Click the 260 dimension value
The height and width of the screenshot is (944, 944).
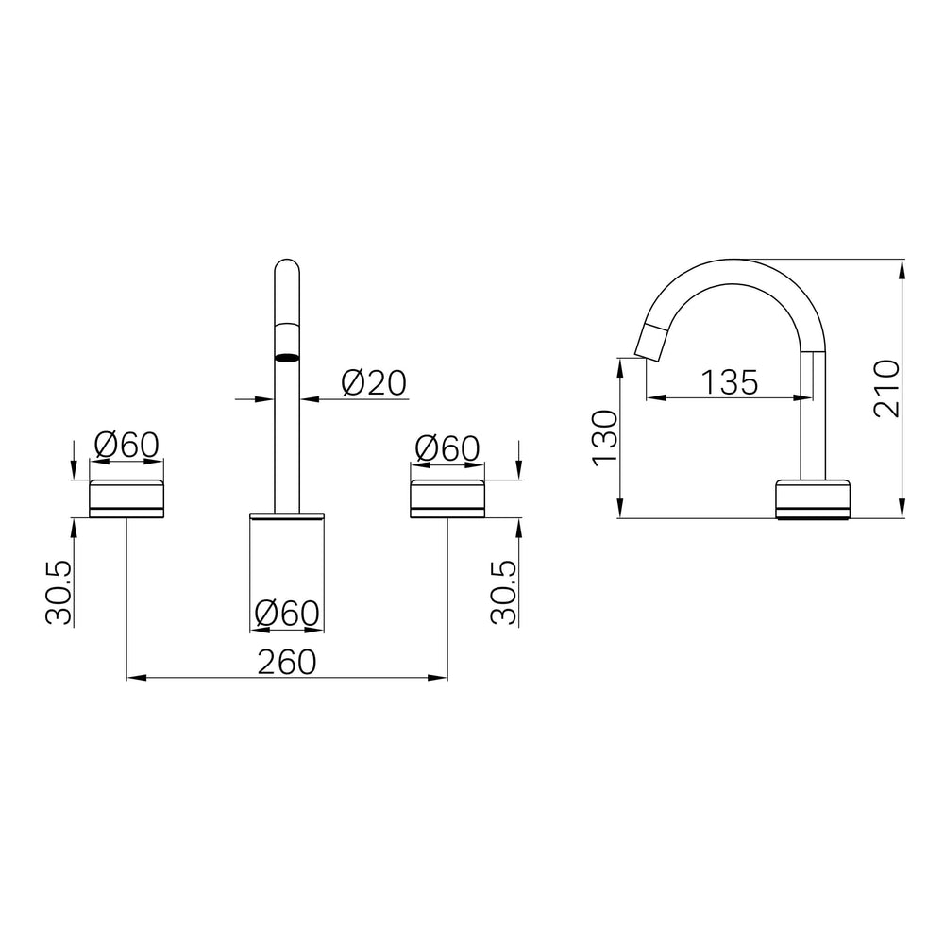tap(287, 663)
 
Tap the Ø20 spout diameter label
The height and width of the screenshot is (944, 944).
tap(374, 383)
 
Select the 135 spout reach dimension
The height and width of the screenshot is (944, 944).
tap(730, 382)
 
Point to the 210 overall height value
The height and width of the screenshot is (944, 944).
tap(886, 388)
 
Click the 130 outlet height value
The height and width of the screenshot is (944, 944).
tap(605, 438)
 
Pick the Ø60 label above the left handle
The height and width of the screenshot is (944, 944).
tap(126, 445)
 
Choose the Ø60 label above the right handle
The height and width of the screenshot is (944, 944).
tap(447, 448)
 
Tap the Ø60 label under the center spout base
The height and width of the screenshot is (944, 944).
tap(287, 614)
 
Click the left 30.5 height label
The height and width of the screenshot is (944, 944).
tap(59, 593)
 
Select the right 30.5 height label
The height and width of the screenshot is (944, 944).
tap(503, 593)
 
